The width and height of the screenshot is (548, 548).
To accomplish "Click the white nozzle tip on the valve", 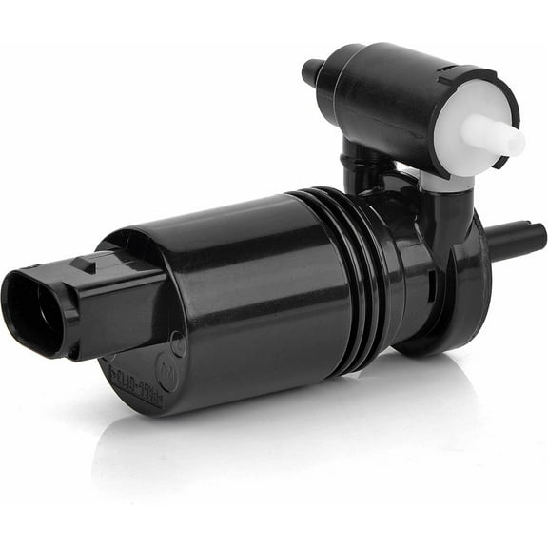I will point(509,140).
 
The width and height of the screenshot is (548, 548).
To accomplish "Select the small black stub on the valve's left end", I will point(312,71).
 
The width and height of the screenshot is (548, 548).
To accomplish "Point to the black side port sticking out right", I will point(519,238).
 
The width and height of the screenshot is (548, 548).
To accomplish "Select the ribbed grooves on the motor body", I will point(357,276).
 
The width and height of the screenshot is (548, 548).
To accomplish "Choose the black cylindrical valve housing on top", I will point(390,90).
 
